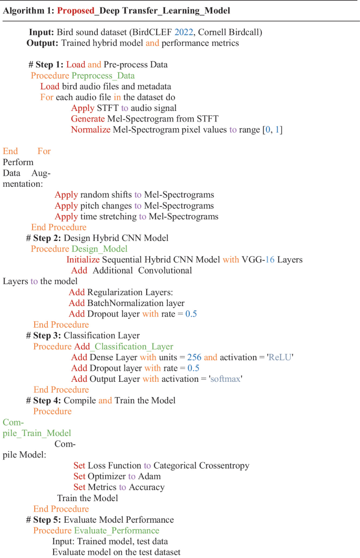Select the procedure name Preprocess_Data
coord(103,75)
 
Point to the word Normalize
coord(90,129)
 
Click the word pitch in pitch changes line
coord(92,206)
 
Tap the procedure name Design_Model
coord(99,249)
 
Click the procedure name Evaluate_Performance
coord(116,531)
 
